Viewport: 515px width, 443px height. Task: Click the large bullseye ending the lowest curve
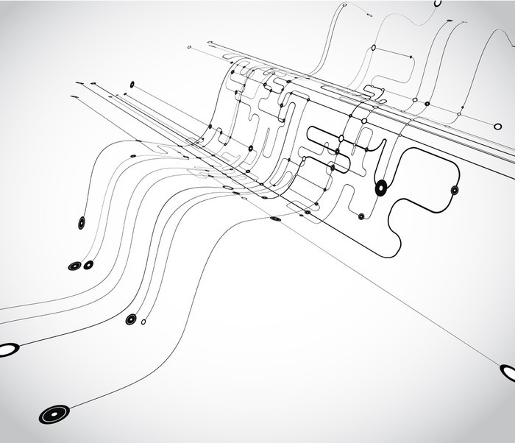click(54, 414)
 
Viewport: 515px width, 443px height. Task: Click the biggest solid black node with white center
click(381, 188)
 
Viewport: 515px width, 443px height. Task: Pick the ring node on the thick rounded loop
click(455, 190)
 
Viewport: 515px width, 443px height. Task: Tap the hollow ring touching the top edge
click(438, 3)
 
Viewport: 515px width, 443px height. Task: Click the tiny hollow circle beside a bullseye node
click(143, 322)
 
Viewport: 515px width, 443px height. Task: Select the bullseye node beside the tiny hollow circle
click(131, 319)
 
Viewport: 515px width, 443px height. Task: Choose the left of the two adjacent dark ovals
click(74, 266)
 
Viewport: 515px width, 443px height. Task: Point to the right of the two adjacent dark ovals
click(88, 265)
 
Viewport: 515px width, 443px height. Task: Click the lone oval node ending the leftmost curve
click(81, 222)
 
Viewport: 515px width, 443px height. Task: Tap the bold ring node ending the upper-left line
click(132, 85)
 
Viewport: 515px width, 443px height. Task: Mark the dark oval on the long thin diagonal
click(276, 219)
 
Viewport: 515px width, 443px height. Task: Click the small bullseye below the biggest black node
click(361, 216)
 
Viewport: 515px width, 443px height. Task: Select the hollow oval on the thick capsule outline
click(341, 138)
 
